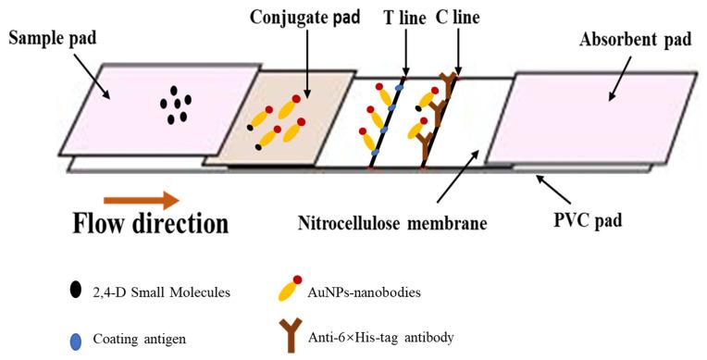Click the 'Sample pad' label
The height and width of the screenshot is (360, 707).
[53, 38]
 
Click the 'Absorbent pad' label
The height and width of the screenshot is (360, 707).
[626, 40]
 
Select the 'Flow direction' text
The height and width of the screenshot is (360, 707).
[150, 225]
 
